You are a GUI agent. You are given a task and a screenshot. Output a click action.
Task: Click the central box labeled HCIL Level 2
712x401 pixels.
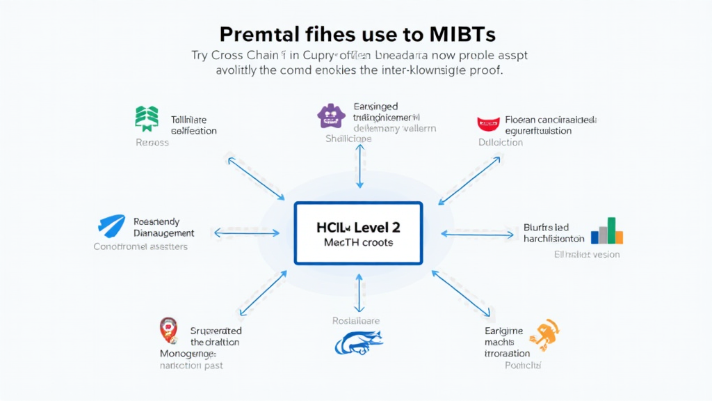click(x=358, y=233)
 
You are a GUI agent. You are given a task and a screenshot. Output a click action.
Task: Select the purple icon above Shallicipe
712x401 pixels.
click(x=330, y=116)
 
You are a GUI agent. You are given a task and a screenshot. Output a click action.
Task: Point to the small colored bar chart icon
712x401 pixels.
click(x=607, y=231)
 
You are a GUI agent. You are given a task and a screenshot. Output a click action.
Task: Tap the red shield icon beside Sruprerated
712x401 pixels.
click(x=169, y=331)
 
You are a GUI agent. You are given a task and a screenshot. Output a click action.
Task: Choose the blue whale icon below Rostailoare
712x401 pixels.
click(x=359, y=343)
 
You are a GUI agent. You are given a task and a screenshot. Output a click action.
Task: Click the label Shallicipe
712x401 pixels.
click(x=348, y=139)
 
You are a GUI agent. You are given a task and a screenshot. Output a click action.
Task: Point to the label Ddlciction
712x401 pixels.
click(x=500, y=143)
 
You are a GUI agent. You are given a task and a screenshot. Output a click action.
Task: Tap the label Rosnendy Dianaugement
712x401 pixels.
click(x=163, y=228)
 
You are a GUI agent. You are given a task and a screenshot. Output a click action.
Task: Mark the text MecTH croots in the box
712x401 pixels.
click(x=358, y=242)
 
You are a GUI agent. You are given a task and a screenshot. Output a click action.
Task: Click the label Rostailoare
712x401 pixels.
click(x=355, y=321)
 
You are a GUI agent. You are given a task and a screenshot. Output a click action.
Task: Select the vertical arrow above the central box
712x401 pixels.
click(x=359, y=167)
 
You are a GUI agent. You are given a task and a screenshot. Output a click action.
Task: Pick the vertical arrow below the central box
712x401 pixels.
click(x=359, y=293)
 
